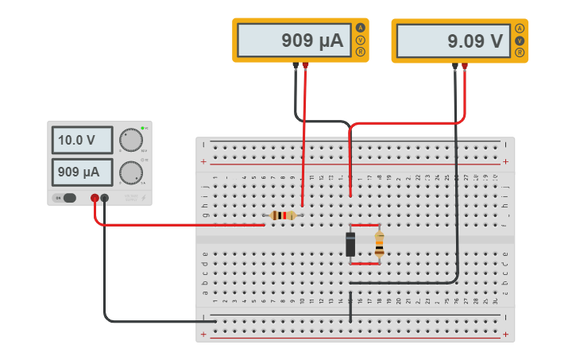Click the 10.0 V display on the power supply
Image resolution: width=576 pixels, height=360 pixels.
point(82,141)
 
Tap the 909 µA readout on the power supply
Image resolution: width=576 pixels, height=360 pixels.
point(82,172)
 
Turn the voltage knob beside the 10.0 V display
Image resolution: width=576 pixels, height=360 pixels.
point(130,141)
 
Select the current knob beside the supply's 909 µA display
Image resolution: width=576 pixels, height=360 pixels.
point(130,172)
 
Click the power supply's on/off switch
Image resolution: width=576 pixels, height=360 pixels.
point(68,198)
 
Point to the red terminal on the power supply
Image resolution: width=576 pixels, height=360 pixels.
point(95,198)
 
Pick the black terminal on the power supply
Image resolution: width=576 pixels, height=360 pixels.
point(105,198)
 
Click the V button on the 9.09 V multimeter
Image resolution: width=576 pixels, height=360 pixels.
point(520,40)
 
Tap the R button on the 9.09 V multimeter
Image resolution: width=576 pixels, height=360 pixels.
point(520,52)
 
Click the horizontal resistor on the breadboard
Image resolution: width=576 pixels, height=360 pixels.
point(283,215)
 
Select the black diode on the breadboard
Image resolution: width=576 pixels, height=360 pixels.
point(350,243)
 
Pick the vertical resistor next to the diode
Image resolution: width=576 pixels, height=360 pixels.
point(379,244)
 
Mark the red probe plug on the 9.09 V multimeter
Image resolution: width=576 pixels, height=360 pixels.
point(465,66)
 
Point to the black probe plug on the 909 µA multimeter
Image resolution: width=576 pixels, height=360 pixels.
point(296,66)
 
